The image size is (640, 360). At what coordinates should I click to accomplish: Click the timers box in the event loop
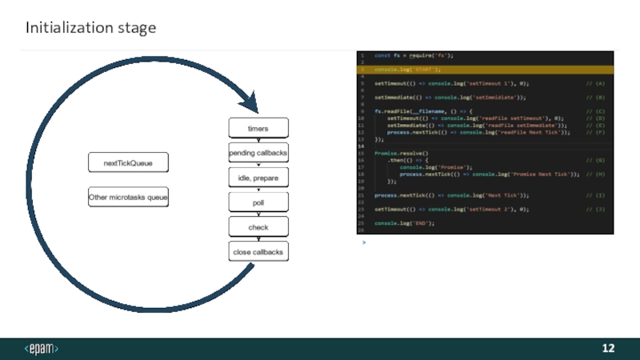[x=258, y=128]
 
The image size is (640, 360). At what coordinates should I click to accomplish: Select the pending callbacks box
[x=258, y=152]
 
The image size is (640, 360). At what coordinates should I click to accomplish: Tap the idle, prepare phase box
[x=258, y=177]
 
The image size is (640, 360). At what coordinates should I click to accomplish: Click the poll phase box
[x=258, y=202]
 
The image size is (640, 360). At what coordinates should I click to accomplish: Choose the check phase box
[x=258, y=227]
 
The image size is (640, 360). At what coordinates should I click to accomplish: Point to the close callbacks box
[x=258, y=252]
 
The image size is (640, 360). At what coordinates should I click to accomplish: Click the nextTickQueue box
[x=128, y=163]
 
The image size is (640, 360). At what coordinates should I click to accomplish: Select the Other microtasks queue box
[x=128, y=197]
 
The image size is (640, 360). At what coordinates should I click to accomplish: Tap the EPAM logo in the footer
[x=42, y=348]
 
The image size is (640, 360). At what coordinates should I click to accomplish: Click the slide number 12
[x=608, y=348]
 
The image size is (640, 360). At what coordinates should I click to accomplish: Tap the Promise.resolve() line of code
[x=402, y=153]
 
